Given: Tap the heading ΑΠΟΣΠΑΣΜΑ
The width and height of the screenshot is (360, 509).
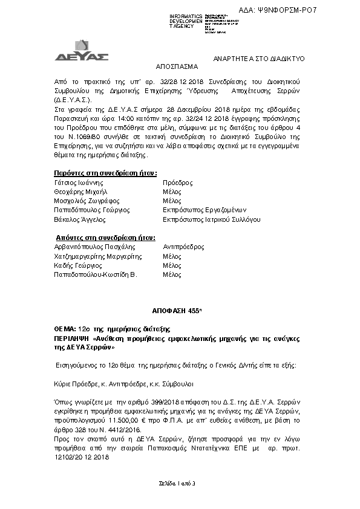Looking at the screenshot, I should point(176,69).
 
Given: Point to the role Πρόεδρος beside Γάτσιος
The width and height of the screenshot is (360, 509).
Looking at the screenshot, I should point(178,182).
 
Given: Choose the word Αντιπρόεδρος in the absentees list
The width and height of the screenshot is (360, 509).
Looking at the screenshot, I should point(184,247).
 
